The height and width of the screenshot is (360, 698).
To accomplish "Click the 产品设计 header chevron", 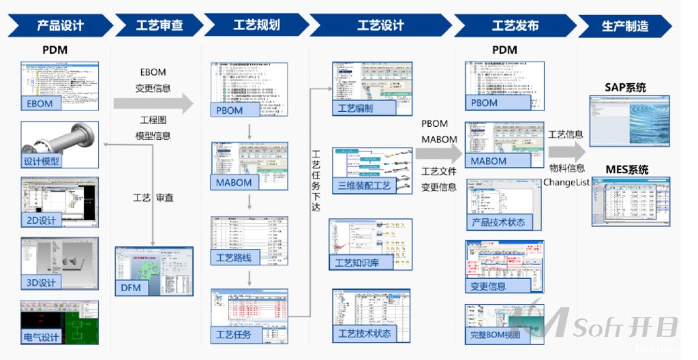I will coord(60,26).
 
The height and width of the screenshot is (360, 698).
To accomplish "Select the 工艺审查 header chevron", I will coord(159,26).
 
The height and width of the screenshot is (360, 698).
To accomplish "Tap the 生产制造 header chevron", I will coord(624,27).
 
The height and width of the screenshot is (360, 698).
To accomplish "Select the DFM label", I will coord(131,288).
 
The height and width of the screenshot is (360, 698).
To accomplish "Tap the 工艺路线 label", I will coord(234,257).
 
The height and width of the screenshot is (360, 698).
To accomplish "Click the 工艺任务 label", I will coord(234,335).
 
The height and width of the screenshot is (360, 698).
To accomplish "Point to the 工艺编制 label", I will coord(356,108).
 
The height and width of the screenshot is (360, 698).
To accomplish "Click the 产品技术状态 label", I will coord(498,222).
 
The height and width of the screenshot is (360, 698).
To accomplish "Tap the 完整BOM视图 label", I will coord(496,335).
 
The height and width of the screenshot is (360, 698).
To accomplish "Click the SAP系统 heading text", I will coord(625,87).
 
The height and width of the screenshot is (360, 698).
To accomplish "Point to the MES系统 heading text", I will coord(625,169).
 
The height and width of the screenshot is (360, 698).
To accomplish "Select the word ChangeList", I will coord(566,182).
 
